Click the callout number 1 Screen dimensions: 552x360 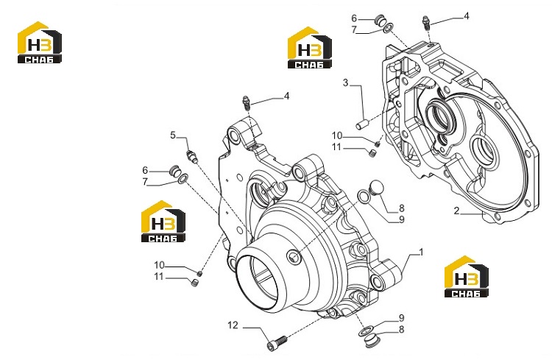coord(421,253)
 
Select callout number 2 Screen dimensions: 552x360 coord(456,211)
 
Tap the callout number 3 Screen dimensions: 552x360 coord(345,82)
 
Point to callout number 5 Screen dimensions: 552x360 coord(172,135)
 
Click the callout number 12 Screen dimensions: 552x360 coord(233,325)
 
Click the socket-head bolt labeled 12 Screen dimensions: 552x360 coord(277,342)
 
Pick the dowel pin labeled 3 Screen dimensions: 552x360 coord(362,124)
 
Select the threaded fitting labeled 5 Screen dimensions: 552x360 coord(191,155)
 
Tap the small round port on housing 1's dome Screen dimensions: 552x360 coord(293,257)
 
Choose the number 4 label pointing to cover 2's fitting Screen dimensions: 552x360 coord(467,16)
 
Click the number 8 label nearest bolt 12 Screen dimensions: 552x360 coord(401,329)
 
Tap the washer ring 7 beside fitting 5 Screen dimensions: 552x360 coord(183,179)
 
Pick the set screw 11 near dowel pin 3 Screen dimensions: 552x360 coord(373,152)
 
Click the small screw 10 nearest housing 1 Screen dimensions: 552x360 coord(199,273)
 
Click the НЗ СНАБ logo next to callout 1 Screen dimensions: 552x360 coord(466,277)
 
